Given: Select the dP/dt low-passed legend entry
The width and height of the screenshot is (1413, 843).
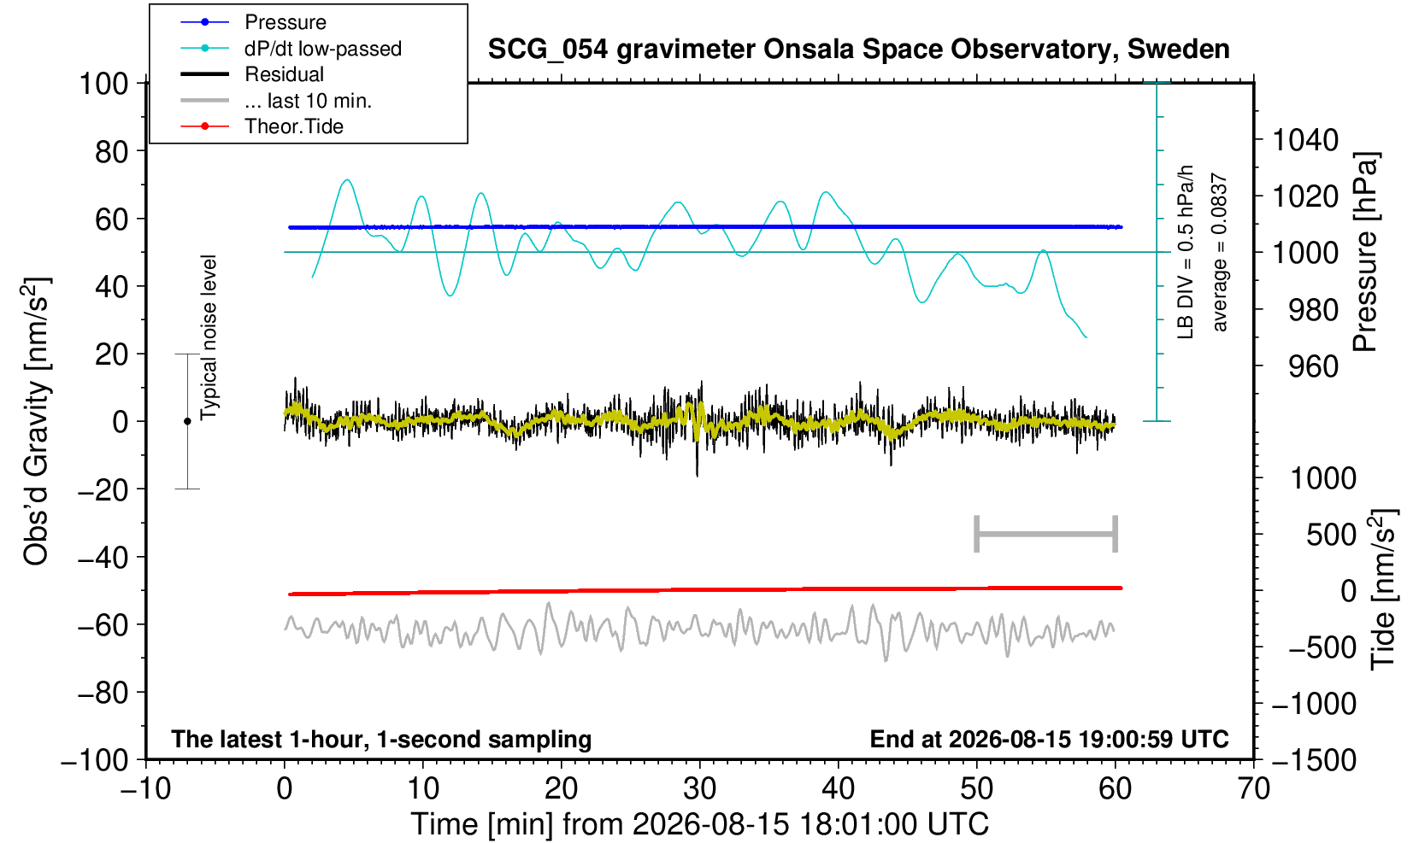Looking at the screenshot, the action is point(291,49).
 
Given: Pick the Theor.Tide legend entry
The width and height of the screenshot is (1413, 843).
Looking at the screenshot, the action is point(262,126).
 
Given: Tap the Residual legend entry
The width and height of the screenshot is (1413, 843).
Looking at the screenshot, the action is point(252,74).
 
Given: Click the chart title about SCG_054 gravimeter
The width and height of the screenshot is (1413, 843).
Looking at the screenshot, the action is point(858,50).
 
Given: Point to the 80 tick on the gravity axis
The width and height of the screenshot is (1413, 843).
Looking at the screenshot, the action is point(112,152).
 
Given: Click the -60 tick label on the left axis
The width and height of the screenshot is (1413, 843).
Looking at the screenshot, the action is point(103,625).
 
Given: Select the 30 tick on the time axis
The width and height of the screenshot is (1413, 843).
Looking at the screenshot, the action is point(699,789).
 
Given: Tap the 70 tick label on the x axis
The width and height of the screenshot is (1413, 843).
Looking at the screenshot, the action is point(1253,789).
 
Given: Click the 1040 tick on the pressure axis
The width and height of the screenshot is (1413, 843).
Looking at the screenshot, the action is point(1305,139).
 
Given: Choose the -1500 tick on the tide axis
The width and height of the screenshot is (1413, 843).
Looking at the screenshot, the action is point(1314,760).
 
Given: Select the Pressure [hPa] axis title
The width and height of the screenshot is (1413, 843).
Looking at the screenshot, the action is point(1366,252).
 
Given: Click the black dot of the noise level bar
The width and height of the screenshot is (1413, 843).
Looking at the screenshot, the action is point(187,421).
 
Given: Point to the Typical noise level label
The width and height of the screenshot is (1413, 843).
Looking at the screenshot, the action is point(209,338).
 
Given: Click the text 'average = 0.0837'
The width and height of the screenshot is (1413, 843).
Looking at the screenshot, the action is point(1219,252).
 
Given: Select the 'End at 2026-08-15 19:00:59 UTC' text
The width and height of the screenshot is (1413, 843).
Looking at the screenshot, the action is point(1049,739).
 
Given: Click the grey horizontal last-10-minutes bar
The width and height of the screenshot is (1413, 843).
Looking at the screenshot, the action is point(1046,534).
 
